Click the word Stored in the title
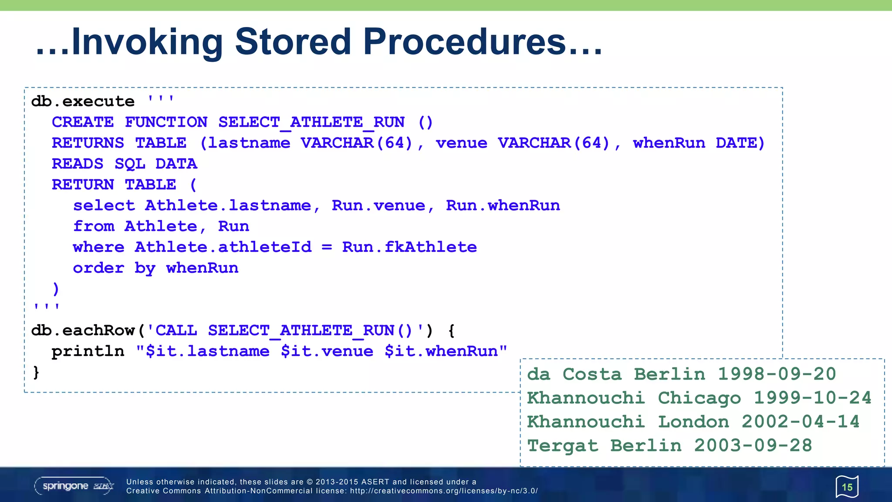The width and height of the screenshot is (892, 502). [x=293, y=42]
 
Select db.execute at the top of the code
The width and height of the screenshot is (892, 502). [x=83, y=102]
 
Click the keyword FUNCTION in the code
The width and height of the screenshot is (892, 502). [x=166, y=122]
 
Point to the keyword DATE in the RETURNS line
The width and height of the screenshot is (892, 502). [x=740, y=143]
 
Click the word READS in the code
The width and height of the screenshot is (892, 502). [x=78, y=164]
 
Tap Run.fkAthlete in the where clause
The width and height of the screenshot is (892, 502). [x=409, y=248]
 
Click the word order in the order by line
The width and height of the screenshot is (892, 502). [x=98, y=268]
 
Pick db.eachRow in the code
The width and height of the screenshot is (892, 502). [x=83, y=331]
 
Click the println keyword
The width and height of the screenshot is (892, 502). [x=88, y=352]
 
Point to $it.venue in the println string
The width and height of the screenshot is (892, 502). [x=327, y=352]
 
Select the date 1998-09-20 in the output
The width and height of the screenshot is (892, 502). [x=777, y=374]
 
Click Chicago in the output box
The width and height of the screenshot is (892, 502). [x=699, y=398]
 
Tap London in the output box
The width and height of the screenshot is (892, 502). [x=693, y=422]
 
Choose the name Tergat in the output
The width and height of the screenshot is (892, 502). [x=562, y=446]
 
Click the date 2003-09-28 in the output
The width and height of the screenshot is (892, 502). [x=753, y=446]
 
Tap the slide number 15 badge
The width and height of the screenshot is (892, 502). [x=847, y=487]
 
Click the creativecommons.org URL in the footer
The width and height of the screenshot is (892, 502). [x=444, y=491]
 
